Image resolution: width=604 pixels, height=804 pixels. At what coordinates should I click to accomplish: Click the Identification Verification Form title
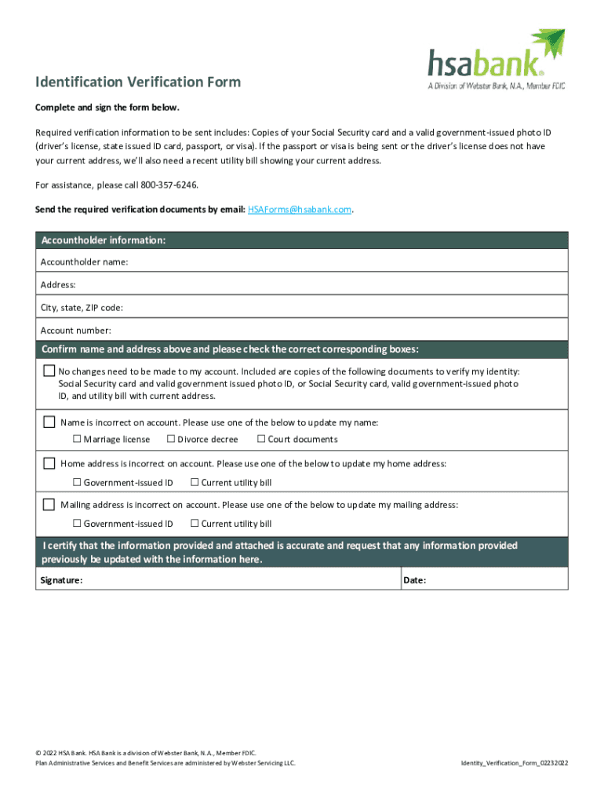coord(138,82)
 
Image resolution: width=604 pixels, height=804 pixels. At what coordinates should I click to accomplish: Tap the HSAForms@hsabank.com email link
coord(300,210)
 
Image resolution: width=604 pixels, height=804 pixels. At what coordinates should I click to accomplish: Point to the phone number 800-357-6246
coord(169,185)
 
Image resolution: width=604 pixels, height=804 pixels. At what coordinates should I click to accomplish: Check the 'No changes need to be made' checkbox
coord(49,371)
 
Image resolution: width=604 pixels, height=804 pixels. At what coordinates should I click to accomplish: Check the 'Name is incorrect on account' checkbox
coord(49,422)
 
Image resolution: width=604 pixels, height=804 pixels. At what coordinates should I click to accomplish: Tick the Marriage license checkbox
coord(78,439)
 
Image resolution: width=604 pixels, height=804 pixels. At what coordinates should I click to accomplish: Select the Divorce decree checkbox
coord(171,439)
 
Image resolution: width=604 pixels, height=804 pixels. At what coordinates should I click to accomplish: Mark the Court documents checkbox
coord(261,439)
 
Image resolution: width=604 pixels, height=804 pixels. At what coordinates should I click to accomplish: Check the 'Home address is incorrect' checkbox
coord(49,463)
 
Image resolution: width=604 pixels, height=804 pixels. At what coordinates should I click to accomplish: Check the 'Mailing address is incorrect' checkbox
coord(49,504)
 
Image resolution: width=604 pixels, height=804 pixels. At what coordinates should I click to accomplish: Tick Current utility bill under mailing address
coord(195,523)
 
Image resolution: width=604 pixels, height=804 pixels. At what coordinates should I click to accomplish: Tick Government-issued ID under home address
coord(78,482)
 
